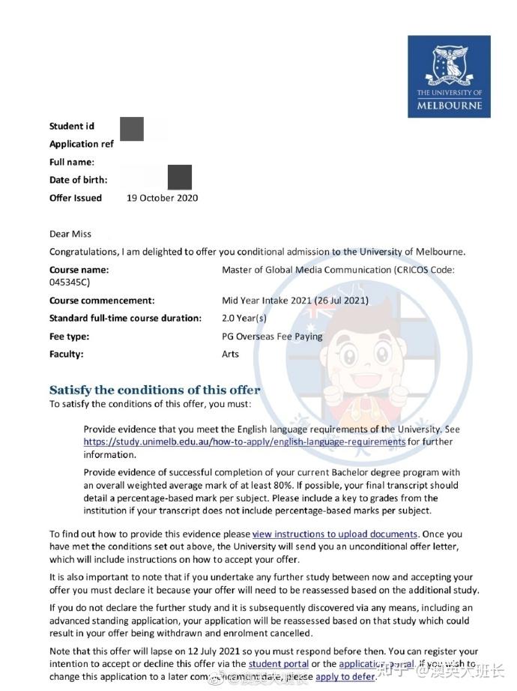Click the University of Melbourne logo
pyautogui.click(x=449, y=76)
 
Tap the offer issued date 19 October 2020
pyautogui.click(x=163, y=198)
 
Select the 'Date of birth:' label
pyautogui.click(x=78, y=180)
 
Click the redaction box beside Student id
pyautogui.click(x=132, y=129)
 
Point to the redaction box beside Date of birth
pyautogui.click(x=180, y=178)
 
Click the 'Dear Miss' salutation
pyautogui.click(x=70, y=234)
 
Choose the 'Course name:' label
pyautogui.click(x=79, y=270)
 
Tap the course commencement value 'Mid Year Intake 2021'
pyautogui.click(x=267, y=301)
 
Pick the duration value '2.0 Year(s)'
pyautogui.click(x=245, y=319)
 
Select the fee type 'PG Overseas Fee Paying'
pyautogui.click(x=272, y=337)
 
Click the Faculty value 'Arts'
pyautogui.click(x=230, y=354)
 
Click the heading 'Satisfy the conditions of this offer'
pyautogui.click(x=154, y=390)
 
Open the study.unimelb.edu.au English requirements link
pyautogui.click(x=244, y=442)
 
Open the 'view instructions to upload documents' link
pyautogui.click(x=334, y=534)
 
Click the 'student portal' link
pyautogui.click(x=279, y=664)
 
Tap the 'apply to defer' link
pyautogui.click(x=345, y=677)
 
